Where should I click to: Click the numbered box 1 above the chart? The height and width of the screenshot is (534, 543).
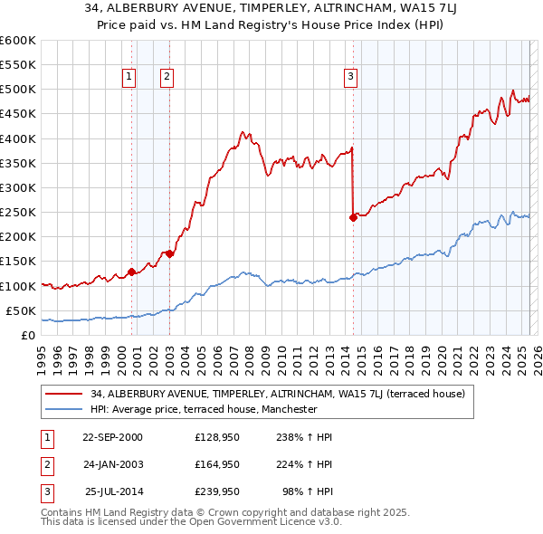(x=130, y=78)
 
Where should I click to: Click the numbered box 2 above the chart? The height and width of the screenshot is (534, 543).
(x=168, y=78)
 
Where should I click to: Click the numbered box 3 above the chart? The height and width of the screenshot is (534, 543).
(x=350, y=78)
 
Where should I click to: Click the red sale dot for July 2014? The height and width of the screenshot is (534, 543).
(x=353, y=216)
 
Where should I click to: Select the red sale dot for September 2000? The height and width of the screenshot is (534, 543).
(x=132, y=271)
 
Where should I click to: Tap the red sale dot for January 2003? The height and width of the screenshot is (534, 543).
(x=170, y=253)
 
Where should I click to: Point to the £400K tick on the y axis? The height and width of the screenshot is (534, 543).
(x=18, y=138)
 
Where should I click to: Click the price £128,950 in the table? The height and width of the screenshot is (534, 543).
(x=217, y=437)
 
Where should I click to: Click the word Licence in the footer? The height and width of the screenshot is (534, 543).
(x=297, y=521)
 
